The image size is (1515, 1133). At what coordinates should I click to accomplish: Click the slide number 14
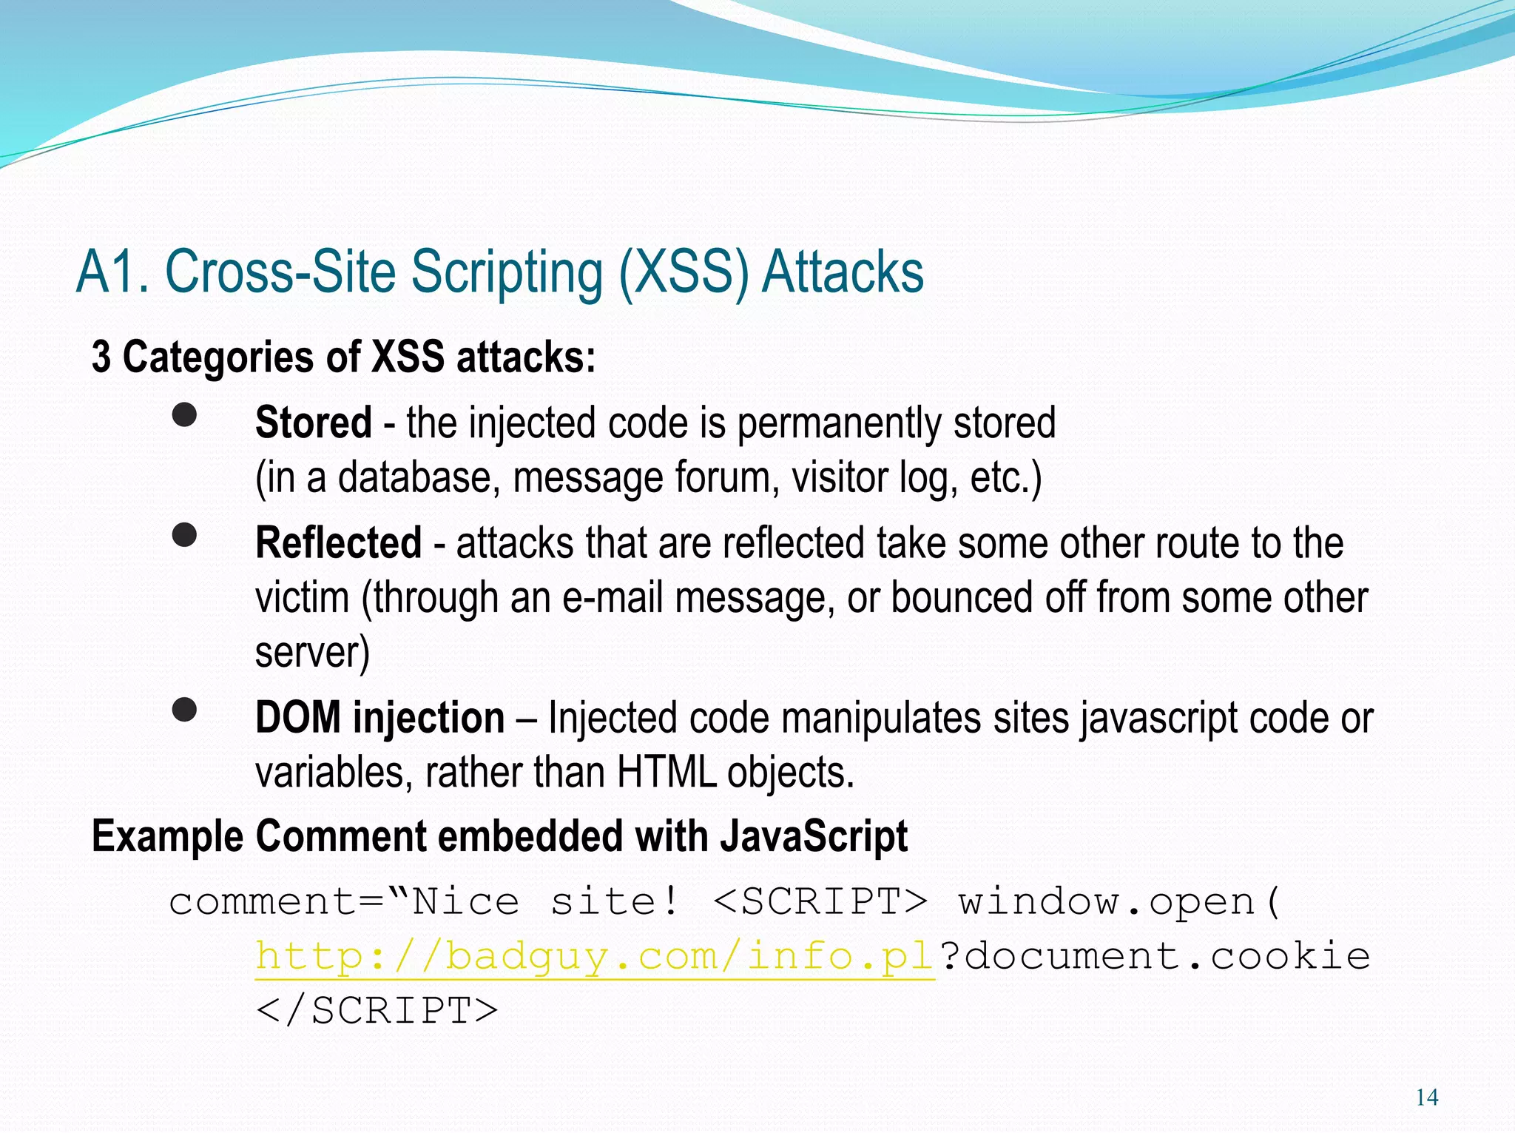(1426, 1097)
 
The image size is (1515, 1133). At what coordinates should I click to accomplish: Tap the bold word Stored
(313, 423)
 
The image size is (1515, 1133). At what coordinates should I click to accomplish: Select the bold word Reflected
(338, 543)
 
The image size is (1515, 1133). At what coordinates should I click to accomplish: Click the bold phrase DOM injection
(379, 718)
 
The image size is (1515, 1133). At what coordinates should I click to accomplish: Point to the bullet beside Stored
(184, 415)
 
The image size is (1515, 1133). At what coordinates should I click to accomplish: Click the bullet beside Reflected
(184, 535)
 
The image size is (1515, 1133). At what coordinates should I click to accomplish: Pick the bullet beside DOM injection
(184, 710)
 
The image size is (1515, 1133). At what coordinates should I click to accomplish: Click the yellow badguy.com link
(595, 957)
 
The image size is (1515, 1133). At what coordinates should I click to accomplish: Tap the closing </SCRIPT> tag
(377, 1011)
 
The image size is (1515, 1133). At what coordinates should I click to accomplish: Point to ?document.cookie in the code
(1155, 957)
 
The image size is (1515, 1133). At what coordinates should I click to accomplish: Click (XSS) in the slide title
(684, 272)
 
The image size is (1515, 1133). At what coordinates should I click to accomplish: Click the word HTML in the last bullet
(666, 773)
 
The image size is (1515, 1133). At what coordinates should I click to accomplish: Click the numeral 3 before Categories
(101, 357)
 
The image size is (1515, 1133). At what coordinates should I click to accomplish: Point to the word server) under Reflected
(312, 653)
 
